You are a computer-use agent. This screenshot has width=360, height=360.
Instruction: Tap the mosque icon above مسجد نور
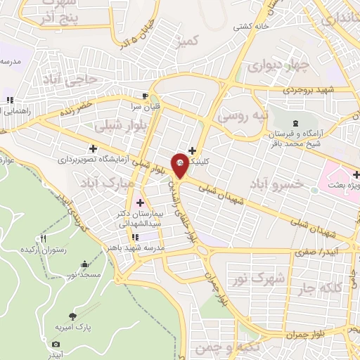click(x=85, y=264)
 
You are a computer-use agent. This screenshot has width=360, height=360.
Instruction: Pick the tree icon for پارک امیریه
click(x=72, y=316)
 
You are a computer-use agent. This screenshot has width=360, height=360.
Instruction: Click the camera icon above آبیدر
click(x=56, y=344)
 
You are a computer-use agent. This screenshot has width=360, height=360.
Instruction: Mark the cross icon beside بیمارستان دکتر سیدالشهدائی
click(x=139, y=203)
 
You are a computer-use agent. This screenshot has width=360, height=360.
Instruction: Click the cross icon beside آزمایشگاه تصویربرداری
click(x=93, y=148)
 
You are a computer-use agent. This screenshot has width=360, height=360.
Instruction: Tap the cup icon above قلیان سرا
click(x=145, y=96)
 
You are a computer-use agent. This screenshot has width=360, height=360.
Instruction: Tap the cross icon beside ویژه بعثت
click(x=356, y=174)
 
